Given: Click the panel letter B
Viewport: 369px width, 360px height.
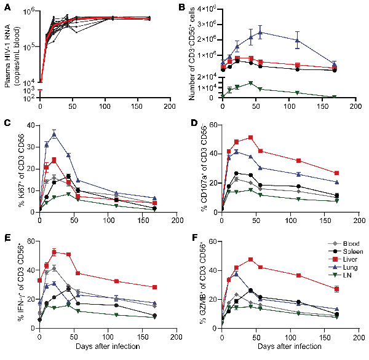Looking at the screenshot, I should click(195, 7).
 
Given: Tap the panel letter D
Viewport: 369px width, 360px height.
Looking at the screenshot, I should click(196, 122).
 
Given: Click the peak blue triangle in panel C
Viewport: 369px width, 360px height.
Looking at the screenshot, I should click(54, 134).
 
